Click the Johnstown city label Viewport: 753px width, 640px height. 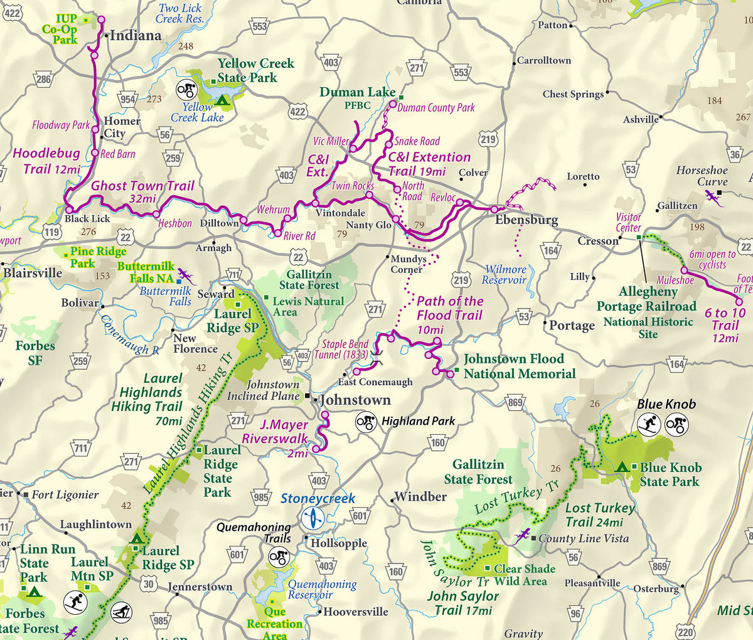click(x=355, y=400)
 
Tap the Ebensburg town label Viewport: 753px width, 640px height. click(x=526, y=220)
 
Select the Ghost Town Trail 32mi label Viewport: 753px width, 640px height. click(x=142, y=191)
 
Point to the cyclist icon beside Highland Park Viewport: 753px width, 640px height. click(x=366, y=422)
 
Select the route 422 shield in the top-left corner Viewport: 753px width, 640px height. click(x=13, y=13)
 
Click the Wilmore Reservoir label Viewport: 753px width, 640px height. click(x=506, y=274)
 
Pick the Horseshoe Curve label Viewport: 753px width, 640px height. click(x=702, y=176)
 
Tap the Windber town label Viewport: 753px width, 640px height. click(x=420, y=497)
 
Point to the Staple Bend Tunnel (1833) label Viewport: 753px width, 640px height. click(x=344, y=349)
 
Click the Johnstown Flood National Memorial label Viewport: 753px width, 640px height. click(x=519, y=366)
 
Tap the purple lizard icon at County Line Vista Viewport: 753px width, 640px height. click(x=521, y=535)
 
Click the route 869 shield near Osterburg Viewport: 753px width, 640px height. click(x=660, y=567)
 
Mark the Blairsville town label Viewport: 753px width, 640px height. click(x=33, y=273)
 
